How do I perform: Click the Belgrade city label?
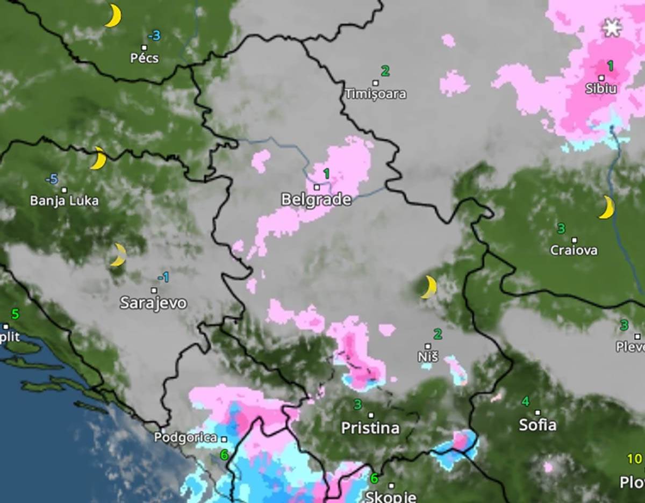click(x=316, y=200)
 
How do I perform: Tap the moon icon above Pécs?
click(x=112, y=16)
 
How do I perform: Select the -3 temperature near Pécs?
click(x=154, y=35)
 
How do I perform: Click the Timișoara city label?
click(x=375, y=94)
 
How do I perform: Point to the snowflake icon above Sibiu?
click(x=611, y=27)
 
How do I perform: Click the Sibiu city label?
click(x=601, y=89)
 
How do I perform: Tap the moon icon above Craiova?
click(x=606, y=207)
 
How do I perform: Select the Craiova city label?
click(x=574, y=250)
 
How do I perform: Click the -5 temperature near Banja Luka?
click(x=52, y=179)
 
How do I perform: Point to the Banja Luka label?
click(x=64, y=201)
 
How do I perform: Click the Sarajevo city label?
click(x=153, y=303)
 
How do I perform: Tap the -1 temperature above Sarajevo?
click(x=163, y=277)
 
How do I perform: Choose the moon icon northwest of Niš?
click(x=428, y=288)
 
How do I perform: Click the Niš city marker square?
click(x=428, y=346)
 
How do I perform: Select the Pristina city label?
click(x=370, y=428)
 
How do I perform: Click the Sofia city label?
click(x=537, y=425)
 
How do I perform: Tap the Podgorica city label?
click(x=185, y=438)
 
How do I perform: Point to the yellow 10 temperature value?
click(x=634, y=459)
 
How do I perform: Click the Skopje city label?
click(x=391, y=497)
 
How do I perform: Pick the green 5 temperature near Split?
click(x=15, y=314)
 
